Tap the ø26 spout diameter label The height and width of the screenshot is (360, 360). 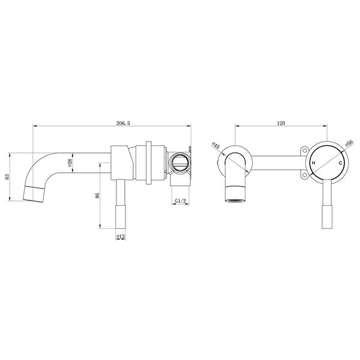70,161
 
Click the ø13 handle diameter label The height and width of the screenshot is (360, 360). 121,237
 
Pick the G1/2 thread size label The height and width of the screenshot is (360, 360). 179,202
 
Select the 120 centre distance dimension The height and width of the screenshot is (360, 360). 281,123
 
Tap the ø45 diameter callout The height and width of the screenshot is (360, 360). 217,146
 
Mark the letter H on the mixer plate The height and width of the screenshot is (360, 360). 313,163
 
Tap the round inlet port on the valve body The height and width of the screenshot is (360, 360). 179,162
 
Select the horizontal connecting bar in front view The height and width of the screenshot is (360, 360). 276,162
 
